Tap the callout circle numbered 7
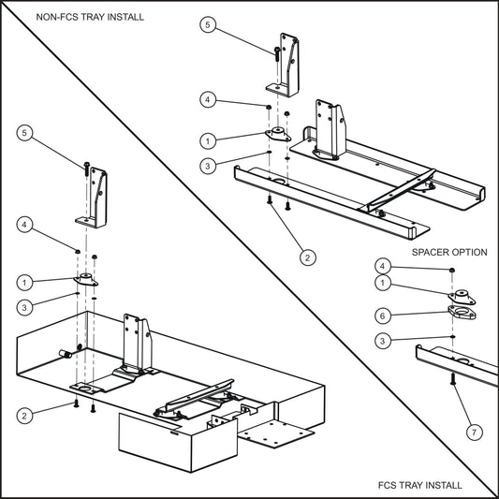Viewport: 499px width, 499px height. (x=475, y=432)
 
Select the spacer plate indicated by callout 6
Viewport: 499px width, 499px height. (x=458, y=313)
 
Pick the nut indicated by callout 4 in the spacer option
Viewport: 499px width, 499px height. (x=453, y=270)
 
